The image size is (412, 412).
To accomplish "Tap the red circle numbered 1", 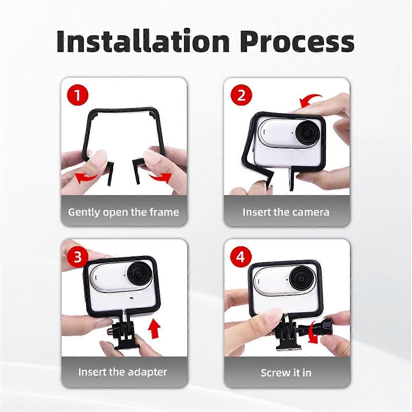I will point(78,95).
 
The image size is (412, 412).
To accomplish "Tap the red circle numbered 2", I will point(241,95).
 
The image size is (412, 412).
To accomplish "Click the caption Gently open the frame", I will point(124,212).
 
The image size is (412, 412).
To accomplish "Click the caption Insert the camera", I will point(286,212).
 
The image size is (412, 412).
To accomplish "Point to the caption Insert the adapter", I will point(123,372).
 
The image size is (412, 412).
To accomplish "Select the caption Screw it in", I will point(286,373).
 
